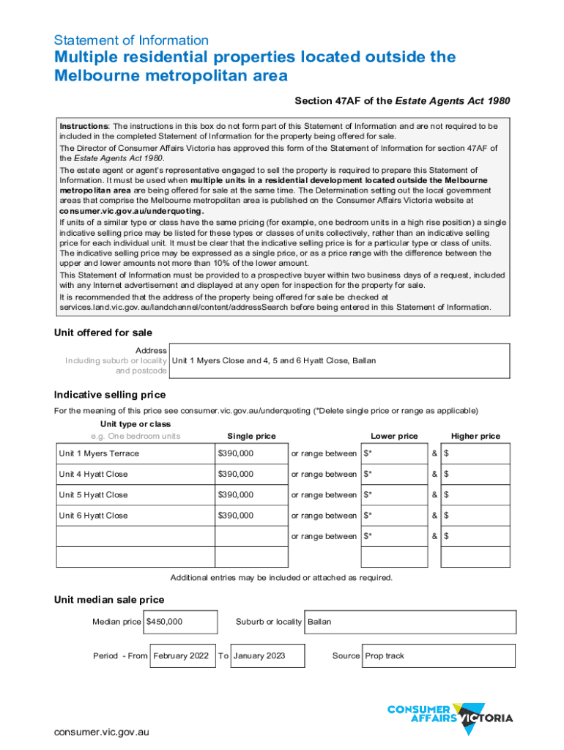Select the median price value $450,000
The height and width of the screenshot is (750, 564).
click(x=180, y=622)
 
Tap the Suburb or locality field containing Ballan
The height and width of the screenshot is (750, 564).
click(x=409, y=622)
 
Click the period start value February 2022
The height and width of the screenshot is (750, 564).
click(x=182, y=656)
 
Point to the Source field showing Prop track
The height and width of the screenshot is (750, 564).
click(x=438, y=656)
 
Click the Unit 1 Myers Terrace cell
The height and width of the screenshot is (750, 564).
click(x=136, y=453)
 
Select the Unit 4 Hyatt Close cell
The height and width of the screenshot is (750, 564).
click(x=136, y=474)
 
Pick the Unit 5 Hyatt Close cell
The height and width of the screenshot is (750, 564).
click(x=136, y=495)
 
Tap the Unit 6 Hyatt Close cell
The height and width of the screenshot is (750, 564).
click(x=136, y=516)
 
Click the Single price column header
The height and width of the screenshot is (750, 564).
click(x=251, y=436)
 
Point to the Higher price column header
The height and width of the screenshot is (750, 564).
click(x=475, y=436)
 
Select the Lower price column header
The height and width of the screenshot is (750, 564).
click(x=394, y=436)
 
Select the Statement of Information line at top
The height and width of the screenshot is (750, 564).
click(x=131, y=40)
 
